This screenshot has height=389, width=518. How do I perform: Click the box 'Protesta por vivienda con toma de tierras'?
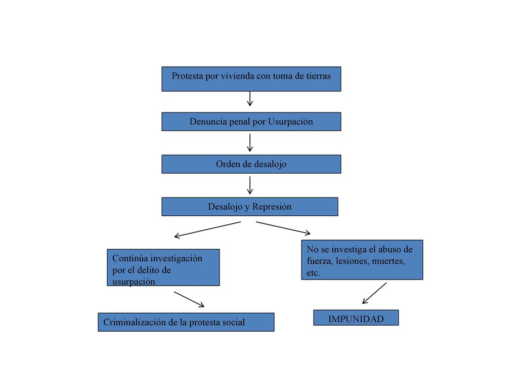pos(251,79)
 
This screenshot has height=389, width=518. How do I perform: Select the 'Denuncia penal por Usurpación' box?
pos(251,122)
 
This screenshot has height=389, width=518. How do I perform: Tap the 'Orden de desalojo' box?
pos(251,164)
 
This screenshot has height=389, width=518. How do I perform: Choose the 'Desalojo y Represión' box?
pos(250,207)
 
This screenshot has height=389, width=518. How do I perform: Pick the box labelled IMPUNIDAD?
pos(356,318)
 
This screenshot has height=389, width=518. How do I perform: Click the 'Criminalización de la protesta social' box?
pos(186,322)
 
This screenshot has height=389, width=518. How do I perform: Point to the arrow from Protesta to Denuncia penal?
pos(250,99)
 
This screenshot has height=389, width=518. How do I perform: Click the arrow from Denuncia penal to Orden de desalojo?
pos(250,142)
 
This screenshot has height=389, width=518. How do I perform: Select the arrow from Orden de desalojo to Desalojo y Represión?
pos(250,185)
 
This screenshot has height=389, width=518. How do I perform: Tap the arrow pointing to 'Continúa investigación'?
pos(207,229)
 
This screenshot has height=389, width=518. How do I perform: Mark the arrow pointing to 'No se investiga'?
pos(283,228)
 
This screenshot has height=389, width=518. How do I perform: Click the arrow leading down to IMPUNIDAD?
pos(374,293)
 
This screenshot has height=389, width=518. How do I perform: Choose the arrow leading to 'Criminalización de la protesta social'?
pos(189,299)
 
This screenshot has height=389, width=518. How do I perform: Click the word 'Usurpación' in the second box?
pos(290,122)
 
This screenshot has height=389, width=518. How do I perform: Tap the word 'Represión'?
pos(272,207)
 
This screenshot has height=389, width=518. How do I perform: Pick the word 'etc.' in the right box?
pos(313,273)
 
